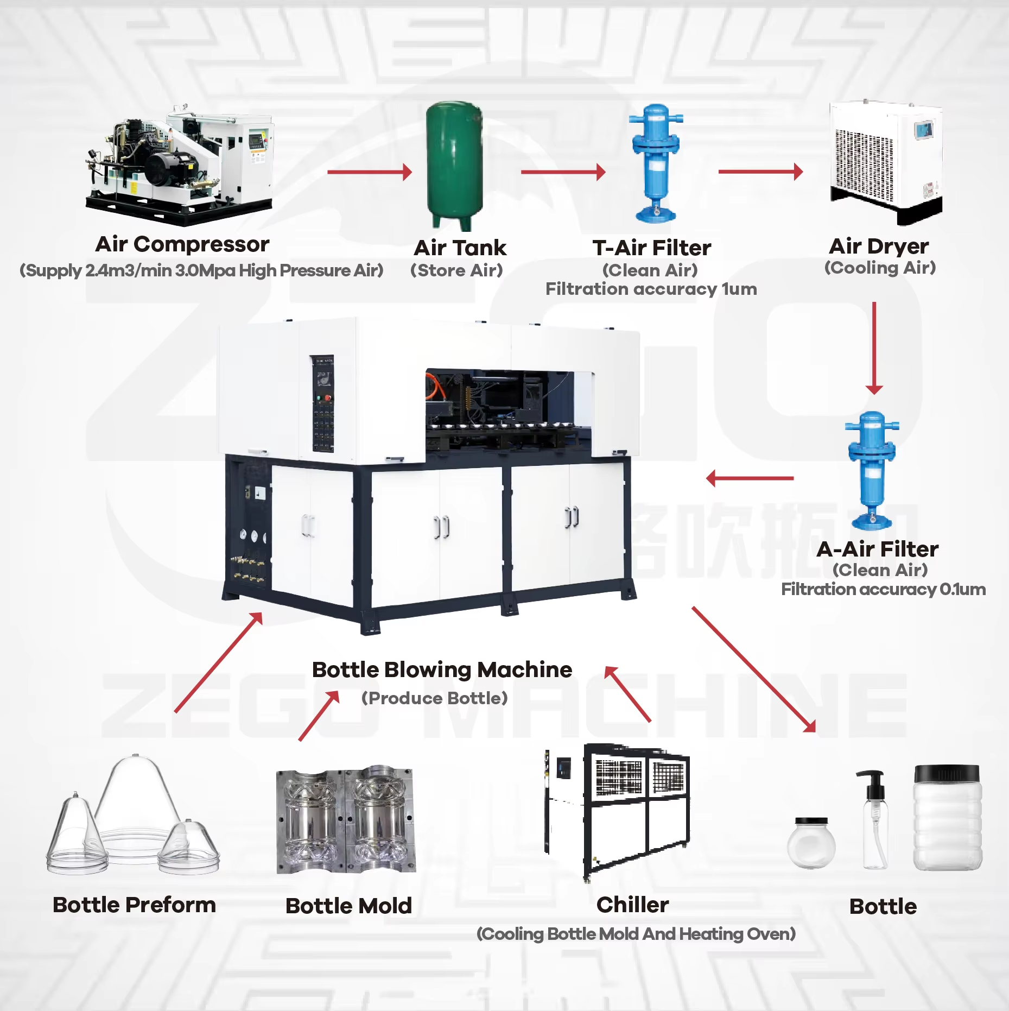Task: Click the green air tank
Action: pyautogui.click(x=454, y=163)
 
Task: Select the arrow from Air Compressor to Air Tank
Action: pyautogui.click(x=369, y=172)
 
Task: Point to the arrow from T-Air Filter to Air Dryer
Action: pyautogui.click(x=760, y=172)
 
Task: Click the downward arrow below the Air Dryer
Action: pyautogui.click(x=874, y=347)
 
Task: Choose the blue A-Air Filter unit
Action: pyautogui.click(x=872, y=470)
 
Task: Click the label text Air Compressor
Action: pyautogui.click(x=182, y=244)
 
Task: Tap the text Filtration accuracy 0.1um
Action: pyautogui.click(x=883, y=589)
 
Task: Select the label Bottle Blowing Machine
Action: pyautogui.click(x=442, y=669)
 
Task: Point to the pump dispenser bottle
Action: pyautogui.click(x=874, y=820)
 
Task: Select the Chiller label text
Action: pyautogui.click(x=632, y=905)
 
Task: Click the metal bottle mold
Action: pyautogui.click(x=346, y=820)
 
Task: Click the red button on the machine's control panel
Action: pyautogui.click(x=328, y=397)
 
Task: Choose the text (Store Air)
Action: pyautogui.click(x=456, y=270)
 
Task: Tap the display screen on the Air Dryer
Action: pyautogui.click(x=923, y=130)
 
